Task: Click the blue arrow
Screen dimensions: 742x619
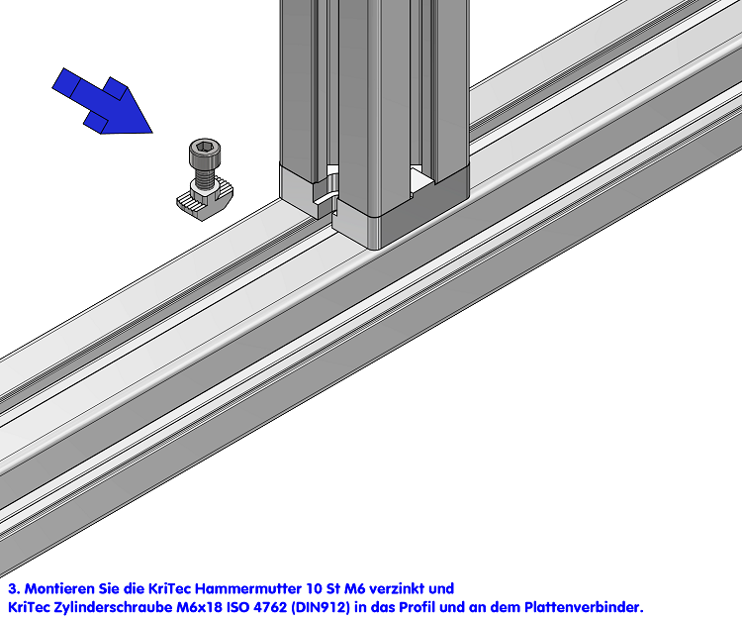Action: point(103,102)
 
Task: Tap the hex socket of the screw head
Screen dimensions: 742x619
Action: point(205,146)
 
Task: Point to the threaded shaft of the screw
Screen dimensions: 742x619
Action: point(205,177)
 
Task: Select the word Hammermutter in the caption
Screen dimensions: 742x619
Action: point(248,588)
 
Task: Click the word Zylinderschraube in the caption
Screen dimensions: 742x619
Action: point(113,607)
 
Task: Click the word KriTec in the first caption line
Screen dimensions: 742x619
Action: point(170,588)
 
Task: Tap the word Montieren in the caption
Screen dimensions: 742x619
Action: point(59,588)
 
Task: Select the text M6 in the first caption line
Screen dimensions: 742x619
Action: point(354,588)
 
